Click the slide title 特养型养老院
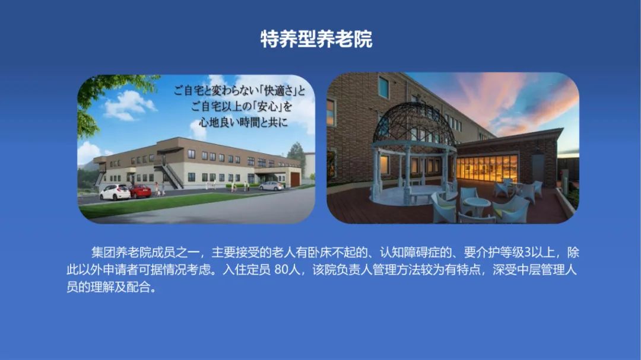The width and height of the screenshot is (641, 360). click(316, 39)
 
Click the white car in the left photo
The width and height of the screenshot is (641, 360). click(115, 192)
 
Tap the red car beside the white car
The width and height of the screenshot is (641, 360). click(140, 191)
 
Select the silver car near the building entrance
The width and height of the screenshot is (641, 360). click(271, 186)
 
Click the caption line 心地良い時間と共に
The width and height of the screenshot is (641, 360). click(244, 122)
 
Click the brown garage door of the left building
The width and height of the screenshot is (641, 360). click(295, 179)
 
